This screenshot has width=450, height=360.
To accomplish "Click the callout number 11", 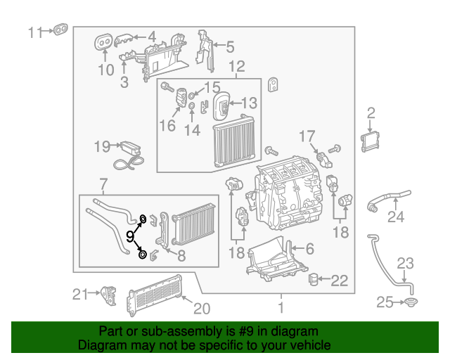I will [35, 32].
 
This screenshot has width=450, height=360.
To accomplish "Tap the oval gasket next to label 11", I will [61, 30].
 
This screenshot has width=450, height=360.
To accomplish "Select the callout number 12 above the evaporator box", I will [236, 67].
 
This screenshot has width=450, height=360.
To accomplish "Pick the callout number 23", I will [406, 264].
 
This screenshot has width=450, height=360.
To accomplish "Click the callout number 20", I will [202, 307].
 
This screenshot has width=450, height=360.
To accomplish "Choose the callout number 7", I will [103, 185].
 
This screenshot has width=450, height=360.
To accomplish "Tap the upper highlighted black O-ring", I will [143, 219].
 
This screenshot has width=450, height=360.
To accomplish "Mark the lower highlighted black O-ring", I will [143, 254].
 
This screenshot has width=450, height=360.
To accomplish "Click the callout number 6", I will [309, 247].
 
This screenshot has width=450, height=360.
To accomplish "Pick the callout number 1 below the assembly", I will [281, 307].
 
